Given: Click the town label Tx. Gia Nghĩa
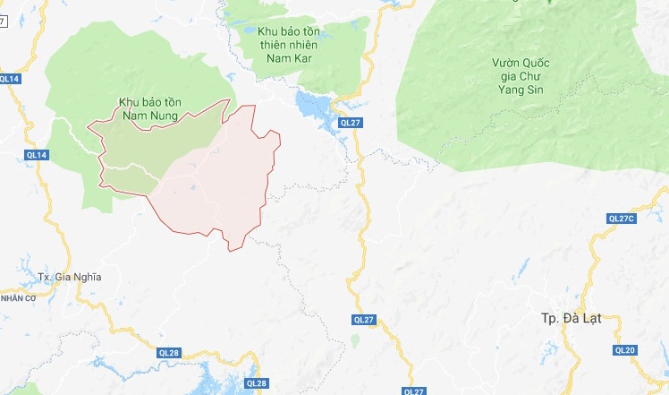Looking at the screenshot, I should pos(70,277).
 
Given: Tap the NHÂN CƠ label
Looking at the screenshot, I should pos(17,297).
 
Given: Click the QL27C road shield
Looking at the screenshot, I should pos(620,219).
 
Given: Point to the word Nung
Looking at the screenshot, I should pos(165,116).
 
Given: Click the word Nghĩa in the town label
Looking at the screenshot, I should pos(86,277).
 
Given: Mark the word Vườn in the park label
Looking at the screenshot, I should pos(506,63).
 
